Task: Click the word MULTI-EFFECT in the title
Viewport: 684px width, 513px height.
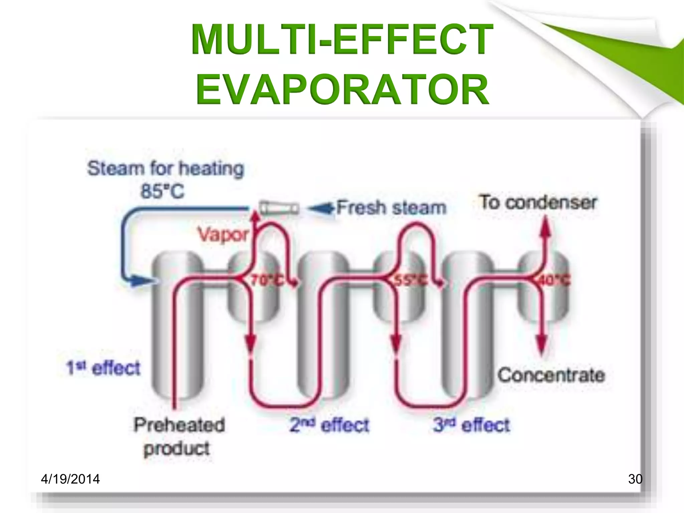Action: click(342, 39)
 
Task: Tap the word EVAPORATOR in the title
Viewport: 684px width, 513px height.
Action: click(342, 90)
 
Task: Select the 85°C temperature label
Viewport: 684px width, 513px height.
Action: click(162, 192)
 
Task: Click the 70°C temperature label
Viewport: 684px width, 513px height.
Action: click(267, 280)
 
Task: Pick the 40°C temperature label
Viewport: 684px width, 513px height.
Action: click(554, 280)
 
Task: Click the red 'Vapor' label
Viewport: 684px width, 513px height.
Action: click(223, 234)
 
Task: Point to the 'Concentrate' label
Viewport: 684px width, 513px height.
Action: click(551, 375)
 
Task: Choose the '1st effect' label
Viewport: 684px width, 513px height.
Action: click(104, 368)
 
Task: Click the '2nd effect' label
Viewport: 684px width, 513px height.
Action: click(329, 425)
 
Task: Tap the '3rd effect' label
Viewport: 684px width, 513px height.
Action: click(472, 425)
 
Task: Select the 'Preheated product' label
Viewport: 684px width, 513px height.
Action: click(178, 436)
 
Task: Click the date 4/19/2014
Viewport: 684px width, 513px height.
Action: click(70, 479)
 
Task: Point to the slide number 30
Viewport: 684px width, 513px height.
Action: click(635, 479)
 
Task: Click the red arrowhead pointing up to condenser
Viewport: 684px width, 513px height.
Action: click(545, 227)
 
